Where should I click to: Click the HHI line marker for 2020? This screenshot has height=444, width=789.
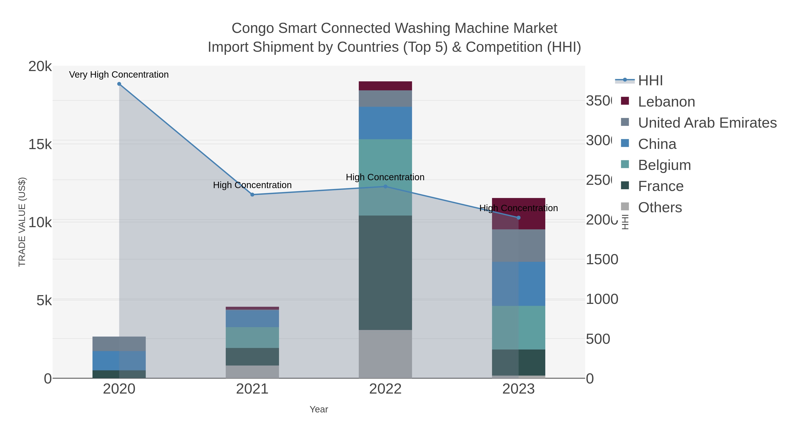(119, 84)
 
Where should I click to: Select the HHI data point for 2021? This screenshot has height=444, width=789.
(252, 194)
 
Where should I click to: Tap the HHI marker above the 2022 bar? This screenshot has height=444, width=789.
(385, 186)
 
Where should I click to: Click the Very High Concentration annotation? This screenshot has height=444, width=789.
(119, 75)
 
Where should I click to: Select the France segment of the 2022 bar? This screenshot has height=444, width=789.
(385, 273)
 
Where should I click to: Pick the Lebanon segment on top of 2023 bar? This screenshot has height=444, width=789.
(532, 214)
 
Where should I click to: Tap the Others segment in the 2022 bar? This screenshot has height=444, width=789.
(385, 354)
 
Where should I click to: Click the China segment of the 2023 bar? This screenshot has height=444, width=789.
(519, 284)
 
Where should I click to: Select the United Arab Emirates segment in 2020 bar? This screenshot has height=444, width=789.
(119, 344)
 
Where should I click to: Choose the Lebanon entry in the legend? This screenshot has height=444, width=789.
(666, 102)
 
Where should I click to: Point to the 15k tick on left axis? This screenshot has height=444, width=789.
(40, 144)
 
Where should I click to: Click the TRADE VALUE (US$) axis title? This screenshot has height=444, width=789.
(22, 222)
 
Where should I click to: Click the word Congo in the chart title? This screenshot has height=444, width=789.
(252, 28)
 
